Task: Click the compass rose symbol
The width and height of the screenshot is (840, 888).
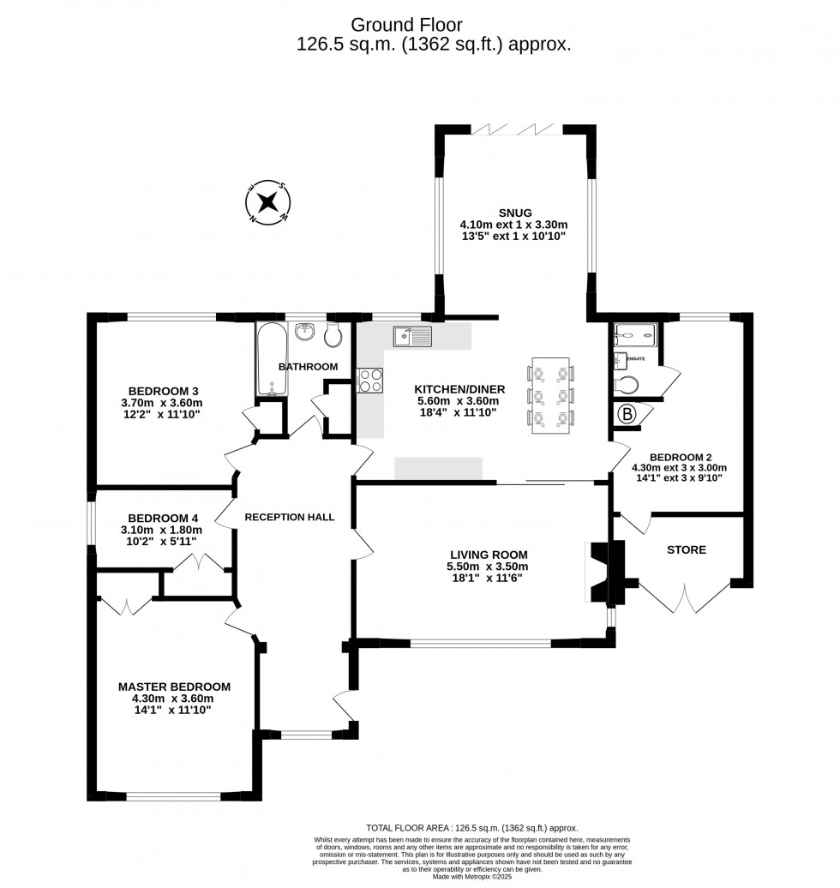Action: [267, 203]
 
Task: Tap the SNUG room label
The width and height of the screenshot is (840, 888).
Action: [514, 213]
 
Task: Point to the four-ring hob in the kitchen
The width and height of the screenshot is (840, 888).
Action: [369, 380]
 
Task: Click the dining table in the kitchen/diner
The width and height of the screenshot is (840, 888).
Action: [549, 395]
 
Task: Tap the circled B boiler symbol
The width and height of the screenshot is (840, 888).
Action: [627, 415]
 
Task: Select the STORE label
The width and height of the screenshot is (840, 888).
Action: [686, 549]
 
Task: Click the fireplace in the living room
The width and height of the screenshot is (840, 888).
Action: [603, 573]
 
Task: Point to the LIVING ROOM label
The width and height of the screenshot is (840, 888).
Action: [487, 555]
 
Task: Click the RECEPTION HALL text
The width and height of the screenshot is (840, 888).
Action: [289, 517]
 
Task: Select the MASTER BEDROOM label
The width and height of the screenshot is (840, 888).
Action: [174, 687]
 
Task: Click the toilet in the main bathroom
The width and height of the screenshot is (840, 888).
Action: [337, 333]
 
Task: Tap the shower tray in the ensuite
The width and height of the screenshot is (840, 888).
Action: [636, 335]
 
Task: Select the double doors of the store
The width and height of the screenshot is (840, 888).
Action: [686, 598]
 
